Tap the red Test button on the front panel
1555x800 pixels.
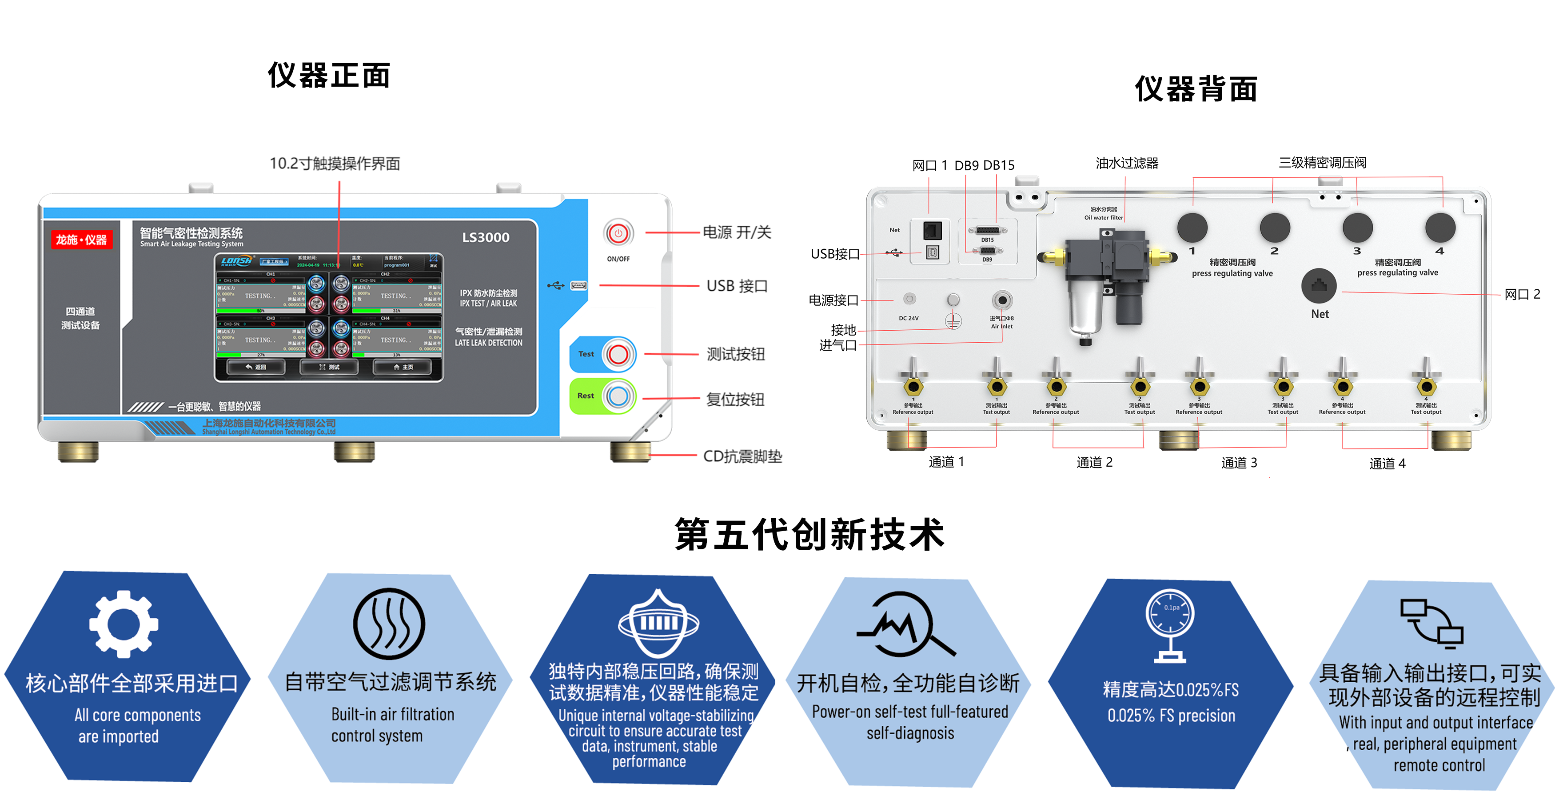pos(618,354)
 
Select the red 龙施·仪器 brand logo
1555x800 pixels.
pos(81,240)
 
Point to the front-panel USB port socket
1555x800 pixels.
pos(578,286)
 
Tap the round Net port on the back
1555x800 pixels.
pos(1319,286)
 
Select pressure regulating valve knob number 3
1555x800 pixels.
pos(1357,228)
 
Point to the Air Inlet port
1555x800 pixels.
pos(1002,300)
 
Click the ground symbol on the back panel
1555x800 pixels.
pos(953,322)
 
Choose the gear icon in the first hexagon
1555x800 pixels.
pos(124,623)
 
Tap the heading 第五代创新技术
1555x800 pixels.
pos(809,534)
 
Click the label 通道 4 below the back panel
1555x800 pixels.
pos(1387,464)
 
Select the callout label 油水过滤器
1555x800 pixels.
pos(1127,163)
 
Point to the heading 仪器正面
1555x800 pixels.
pos(329,76)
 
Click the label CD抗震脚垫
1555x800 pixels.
pos(742,456)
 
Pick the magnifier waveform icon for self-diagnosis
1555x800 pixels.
pos(906,625)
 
